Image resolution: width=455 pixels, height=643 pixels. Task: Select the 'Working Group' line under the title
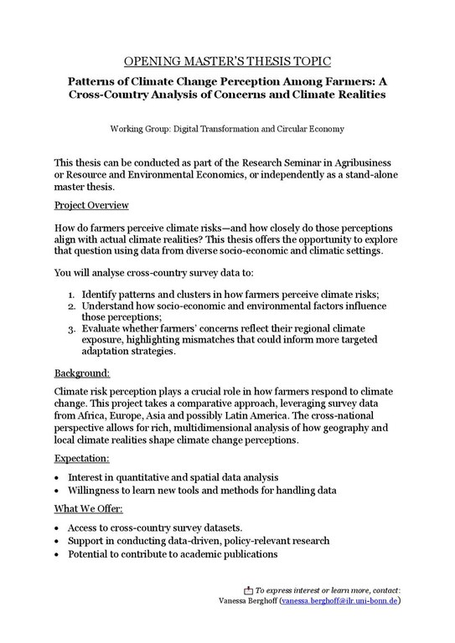(227, 129)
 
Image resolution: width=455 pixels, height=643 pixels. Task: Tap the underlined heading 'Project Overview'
(90, 205)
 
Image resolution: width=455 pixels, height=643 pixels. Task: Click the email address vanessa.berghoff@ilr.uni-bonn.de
(339, 601)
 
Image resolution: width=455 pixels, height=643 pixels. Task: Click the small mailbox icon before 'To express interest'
(248, 589)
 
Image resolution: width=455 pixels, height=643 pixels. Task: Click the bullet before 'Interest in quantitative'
(56, 476)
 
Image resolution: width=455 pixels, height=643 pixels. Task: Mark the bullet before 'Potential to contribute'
(56, 553)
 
